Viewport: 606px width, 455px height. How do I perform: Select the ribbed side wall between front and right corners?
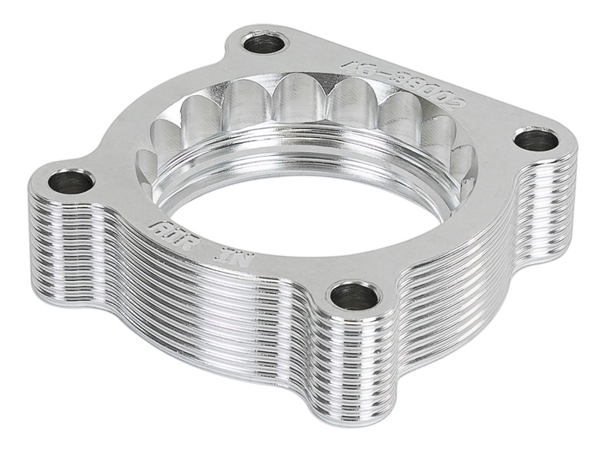[454, 288]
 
